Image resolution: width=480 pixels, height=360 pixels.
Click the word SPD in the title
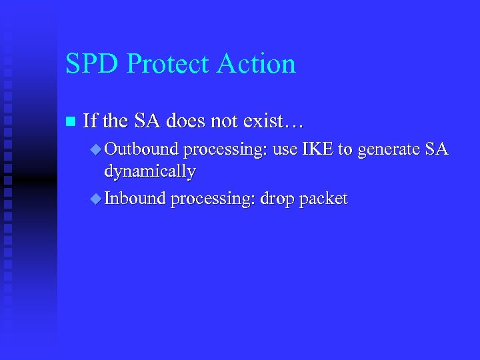point(92,64)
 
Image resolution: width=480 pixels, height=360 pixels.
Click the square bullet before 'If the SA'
point(70,122)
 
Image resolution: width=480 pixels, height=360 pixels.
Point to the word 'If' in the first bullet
point(90,121)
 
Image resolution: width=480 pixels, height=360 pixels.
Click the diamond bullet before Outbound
point(95,150)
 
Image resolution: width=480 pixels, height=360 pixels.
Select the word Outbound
point(142,149)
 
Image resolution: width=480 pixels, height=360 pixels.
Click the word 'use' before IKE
point(286,150)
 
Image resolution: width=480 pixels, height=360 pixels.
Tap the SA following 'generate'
point(437,149)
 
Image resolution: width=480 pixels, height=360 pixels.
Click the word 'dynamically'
point(149,172)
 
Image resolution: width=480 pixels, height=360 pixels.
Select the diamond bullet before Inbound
point(95,199)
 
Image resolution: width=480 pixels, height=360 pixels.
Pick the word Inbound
point(135,199)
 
